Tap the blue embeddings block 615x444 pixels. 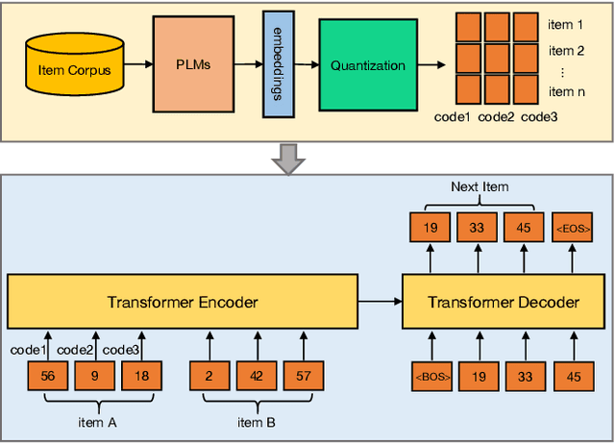[278, 64]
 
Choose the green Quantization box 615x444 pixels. [367, 65]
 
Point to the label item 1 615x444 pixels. [566, 24]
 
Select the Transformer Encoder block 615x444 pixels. [182, 302]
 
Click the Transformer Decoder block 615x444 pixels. [504, 302]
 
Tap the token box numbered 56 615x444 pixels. [48, 375]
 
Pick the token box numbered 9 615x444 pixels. [94, 375]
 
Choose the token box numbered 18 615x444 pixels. [140, 375]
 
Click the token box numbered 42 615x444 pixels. [257, 375]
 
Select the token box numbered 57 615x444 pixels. [303, 375]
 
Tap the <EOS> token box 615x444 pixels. [573, 228]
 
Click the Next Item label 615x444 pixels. [480, 185]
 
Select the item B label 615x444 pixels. [257, 420]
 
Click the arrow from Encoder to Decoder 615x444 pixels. [380, 302]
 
